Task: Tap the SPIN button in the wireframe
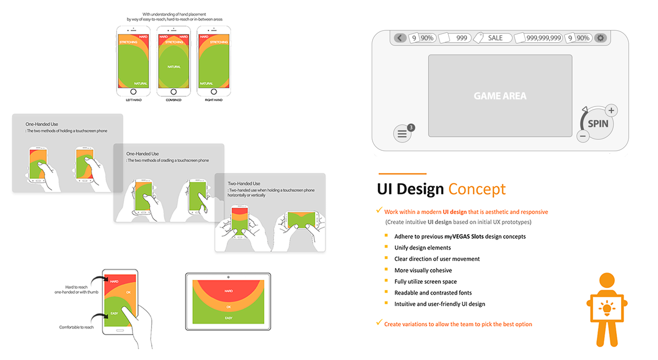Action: pyautogui.click(x=598, y=124)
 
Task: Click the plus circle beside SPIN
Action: pyautogui.click(x=611, y=111)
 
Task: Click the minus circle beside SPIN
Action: pyautogui.click(x=583, y=136)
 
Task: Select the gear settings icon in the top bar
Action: pyautogui.click(x=600, y=38)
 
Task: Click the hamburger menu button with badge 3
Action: pyautogui.click(x=402, y=134)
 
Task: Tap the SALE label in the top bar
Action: pyautogui.click(x=495, y=38)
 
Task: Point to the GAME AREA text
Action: pyautogui.click(x=500, y=96)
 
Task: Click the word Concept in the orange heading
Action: pyautogui.click(x=477, y=189)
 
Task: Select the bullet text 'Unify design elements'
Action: pyautogui.click(x=423, y=248)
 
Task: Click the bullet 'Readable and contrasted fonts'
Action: pyautogui.click(x=433, y=293)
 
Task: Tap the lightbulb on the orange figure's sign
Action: pyautogui.click(x=607, y=308)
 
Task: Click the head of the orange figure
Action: pyautogui.click(x=607, y=280)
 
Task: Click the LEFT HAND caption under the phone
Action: pyautogui.click(x=134, y=100)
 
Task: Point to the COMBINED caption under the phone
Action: pyautogui.click(x=174, y=100)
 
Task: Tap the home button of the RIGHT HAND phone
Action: pyautogui.click(x=214, y=92)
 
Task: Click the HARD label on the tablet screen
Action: pyautogui.click(x=229, y=291)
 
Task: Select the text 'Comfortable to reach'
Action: pyautogui.click(x=77, y=327)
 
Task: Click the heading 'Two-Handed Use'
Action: pyautogui.click(x=244, y=184)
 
